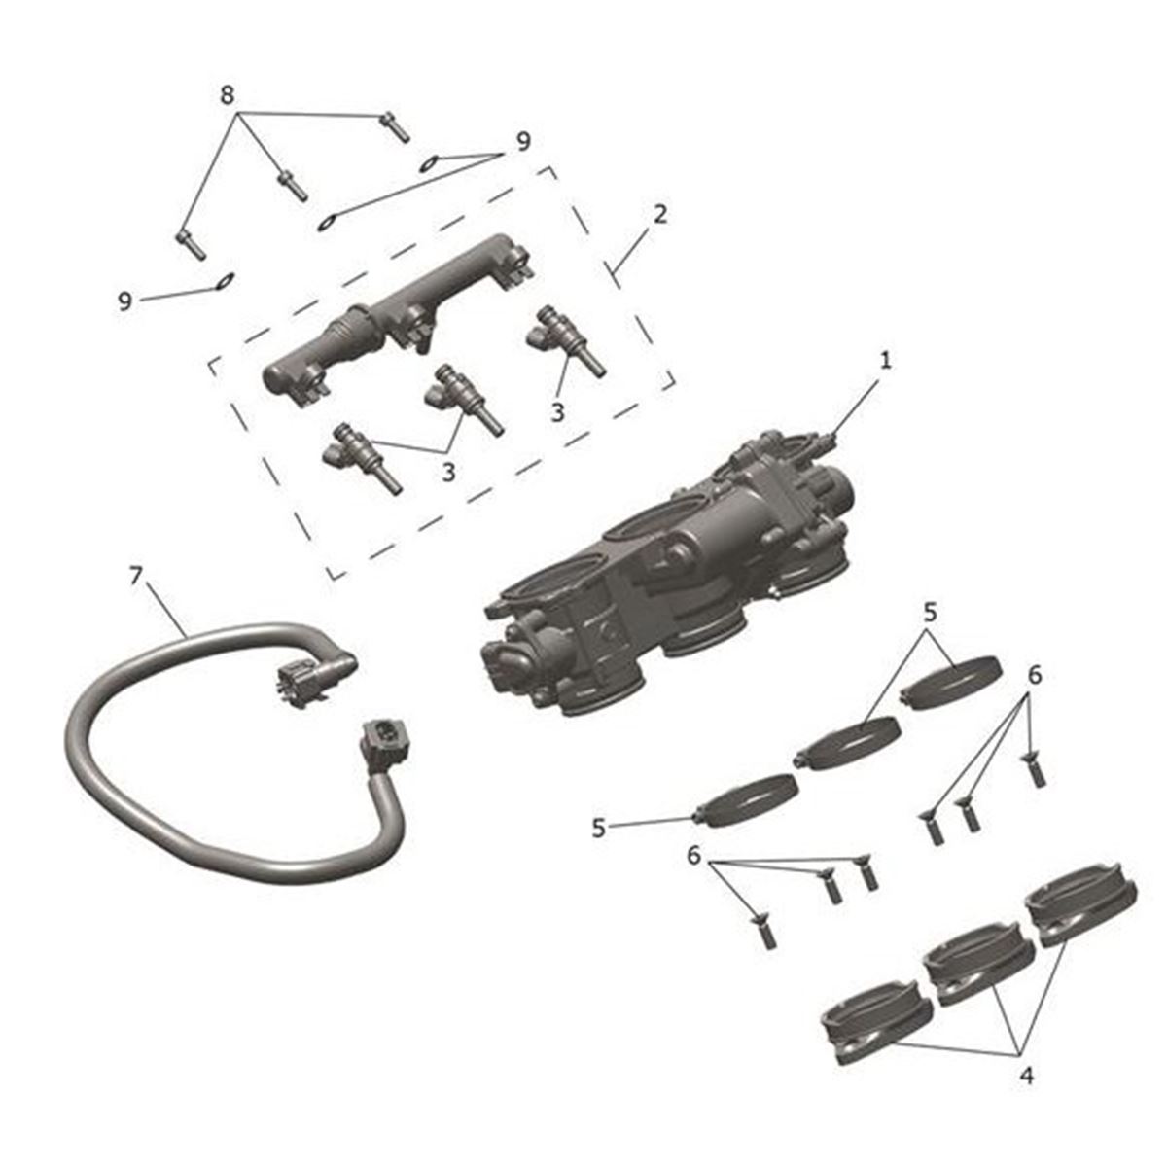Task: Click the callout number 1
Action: point(885,361)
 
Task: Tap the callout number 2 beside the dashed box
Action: point(660,214)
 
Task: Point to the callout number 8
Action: point(228,95)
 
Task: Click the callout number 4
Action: point(1027,1076)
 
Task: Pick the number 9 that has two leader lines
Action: point(523,142)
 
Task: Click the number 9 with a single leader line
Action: point(124,301)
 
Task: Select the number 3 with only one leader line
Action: point(558,412)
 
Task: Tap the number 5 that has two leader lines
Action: point(931,613)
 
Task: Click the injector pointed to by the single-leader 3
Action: point(564,340)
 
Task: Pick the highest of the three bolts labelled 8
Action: point(394,127)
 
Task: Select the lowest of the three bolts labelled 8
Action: point(192,245)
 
